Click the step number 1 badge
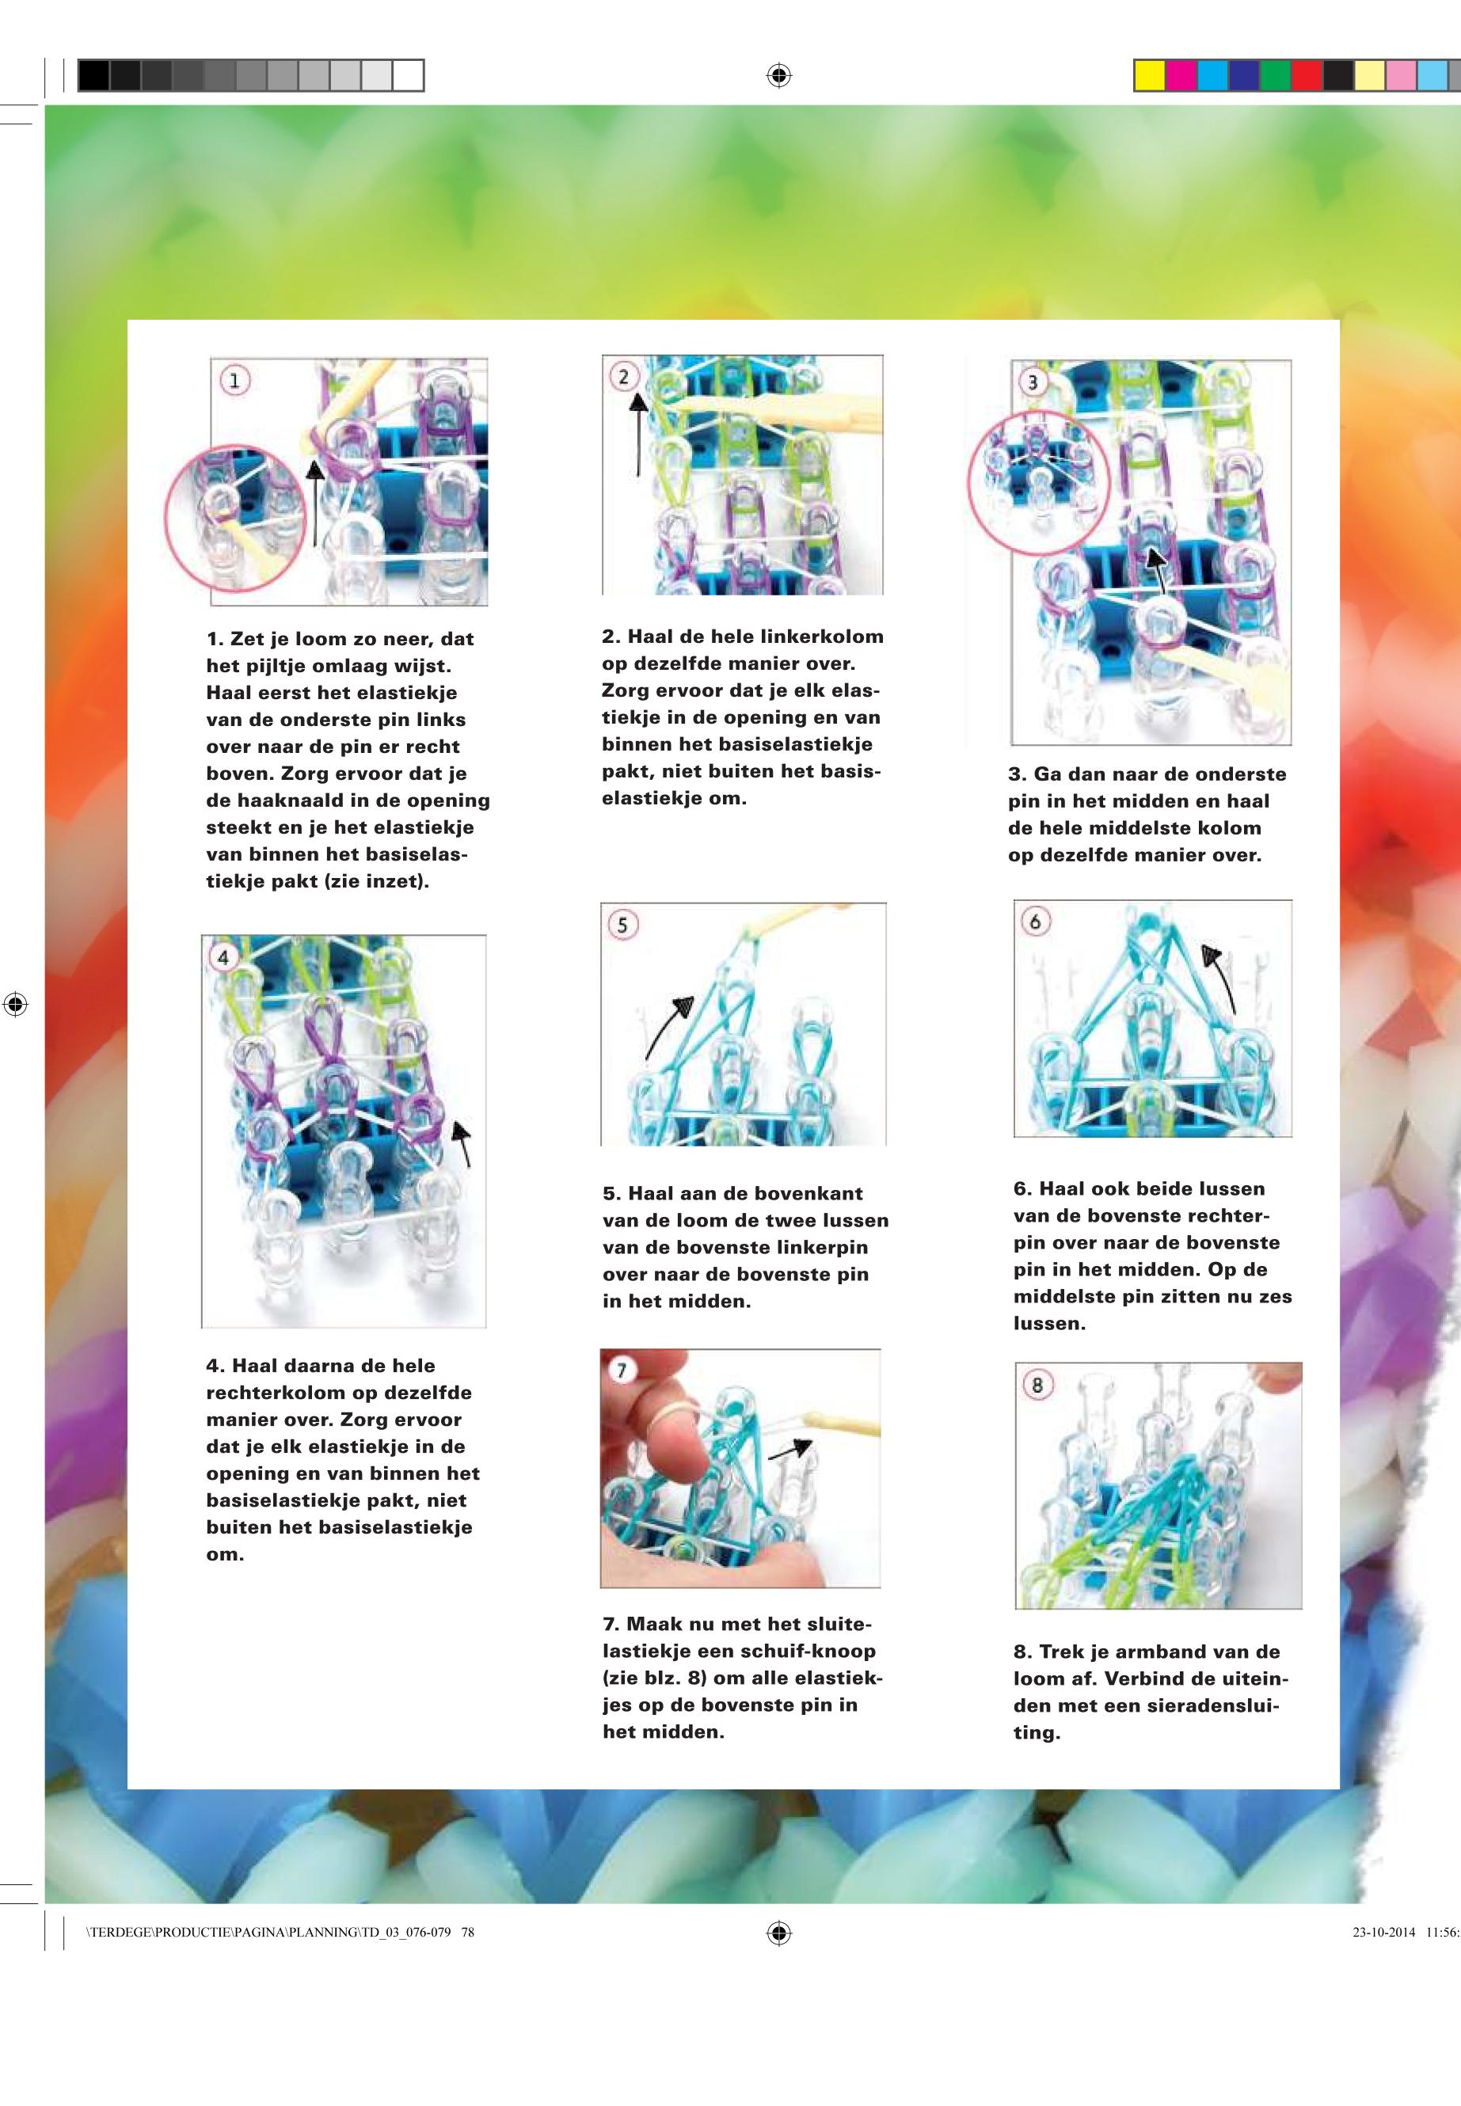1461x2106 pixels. coord(235,381)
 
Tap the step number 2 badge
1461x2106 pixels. coord(624,376)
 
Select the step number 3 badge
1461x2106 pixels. coord(1033,382)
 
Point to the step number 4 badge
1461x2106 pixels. coord(224,957)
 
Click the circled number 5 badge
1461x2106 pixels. coord(622,925)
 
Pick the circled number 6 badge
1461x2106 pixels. coord(1035,922)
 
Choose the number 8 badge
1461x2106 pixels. coord(1037,1385)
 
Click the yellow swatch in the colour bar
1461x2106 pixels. coord(1149,75)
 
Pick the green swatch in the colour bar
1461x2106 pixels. coord(1275,75)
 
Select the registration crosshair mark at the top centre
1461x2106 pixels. coord(778,75)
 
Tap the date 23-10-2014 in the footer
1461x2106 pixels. coord(1383,1932)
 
